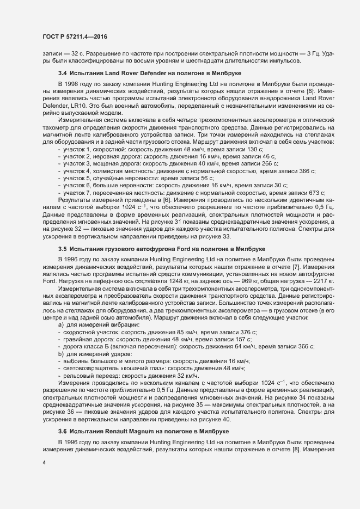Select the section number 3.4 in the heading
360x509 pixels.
tap(62, 73)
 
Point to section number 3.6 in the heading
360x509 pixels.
tap(62, 431)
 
